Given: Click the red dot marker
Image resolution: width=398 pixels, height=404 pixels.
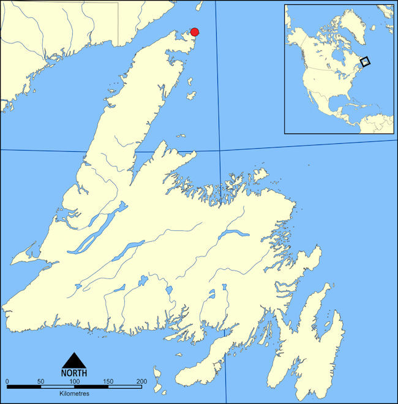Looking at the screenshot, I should pos(195,32).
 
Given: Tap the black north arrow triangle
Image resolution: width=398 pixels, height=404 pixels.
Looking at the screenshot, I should pos(73,361).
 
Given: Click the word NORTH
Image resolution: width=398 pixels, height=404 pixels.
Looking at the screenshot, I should pos(73,372).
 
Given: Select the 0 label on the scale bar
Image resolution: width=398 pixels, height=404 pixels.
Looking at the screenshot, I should pos(7,381).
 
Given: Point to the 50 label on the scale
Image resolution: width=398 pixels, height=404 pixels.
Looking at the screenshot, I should pos(40,381).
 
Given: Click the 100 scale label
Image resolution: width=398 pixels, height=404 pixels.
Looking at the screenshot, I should pos(74,381).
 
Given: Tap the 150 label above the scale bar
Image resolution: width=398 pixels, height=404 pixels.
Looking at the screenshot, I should pos(108,381).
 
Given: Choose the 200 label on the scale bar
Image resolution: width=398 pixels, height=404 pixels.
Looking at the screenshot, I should pos(141,381).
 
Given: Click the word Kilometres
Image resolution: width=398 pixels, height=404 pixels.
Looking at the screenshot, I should pos(74,393).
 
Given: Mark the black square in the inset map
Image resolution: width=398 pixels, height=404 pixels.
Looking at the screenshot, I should pos(365,61).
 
